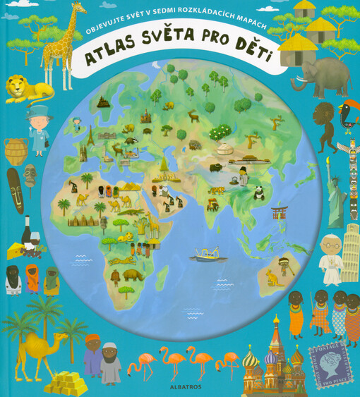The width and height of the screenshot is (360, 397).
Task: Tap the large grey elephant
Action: tap(320, 74)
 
